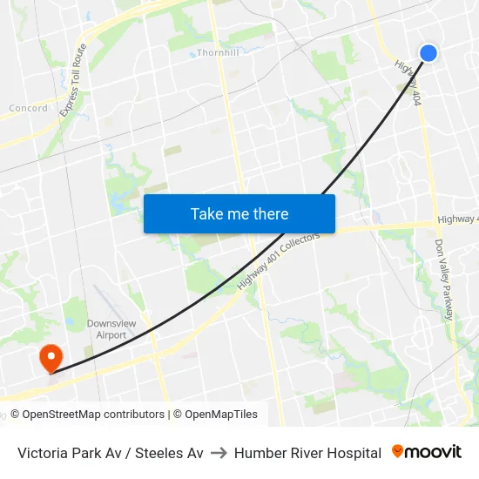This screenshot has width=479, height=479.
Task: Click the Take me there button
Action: pos(239,213)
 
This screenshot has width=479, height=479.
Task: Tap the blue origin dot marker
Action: pos(428,53)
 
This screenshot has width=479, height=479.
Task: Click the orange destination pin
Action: pos(51,356)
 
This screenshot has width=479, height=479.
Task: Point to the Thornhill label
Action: pos(218,52)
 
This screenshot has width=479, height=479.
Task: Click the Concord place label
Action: pos(28,108)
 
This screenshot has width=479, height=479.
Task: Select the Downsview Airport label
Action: pos(111,329)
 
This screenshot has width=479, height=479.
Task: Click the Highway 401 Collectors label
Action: pos(279,260)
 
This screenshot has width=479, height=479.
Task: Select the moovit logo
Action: pos(427,452)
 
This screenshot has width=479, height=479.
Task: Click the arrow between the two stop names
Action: pos(219,453)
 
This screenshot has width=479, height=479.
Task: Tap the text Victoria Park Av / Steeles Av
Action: pos(111,453)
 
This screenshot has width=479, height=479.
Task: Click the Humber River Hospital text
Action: pos(307,453)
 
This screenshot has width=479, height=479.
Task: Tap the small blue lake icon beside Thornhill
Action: pos(192,54)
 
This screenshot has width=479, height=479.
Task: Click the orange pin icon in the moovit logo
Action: pos(398,451)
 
